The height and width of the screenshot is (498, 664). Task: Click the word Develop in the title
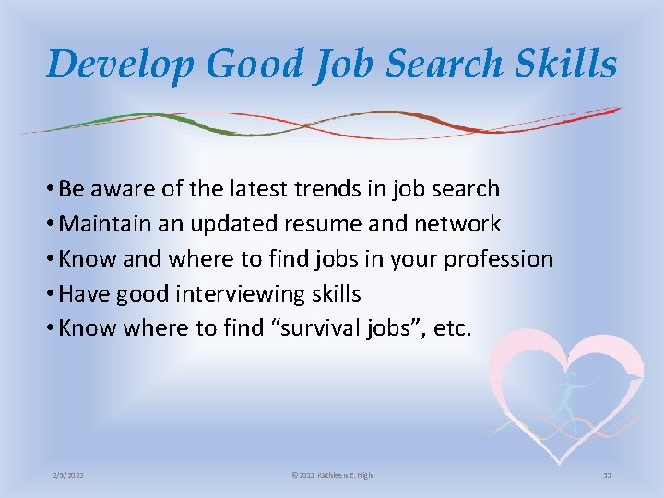pyautogui.click(x=120, y=64)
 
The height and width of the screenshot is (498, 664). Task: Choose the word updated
pyautogui.click(x=224, y=224)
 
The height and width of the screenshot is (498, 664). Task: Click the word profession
pyautogui.click(x=498, y=259)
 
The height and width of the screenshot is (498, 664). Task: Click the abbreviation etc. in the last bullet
pyautogui.click(x=452, y=329)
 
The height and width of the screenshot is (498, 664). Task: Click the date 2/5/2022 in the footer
pyautogui.click(x=70, y=475)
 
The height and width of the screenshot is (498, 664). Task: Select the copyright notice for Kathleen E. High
pyautogui.click(x=332, y=475)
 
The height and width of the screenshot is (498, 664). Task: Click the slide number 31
pyautogui.click(x=607, y=475)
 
